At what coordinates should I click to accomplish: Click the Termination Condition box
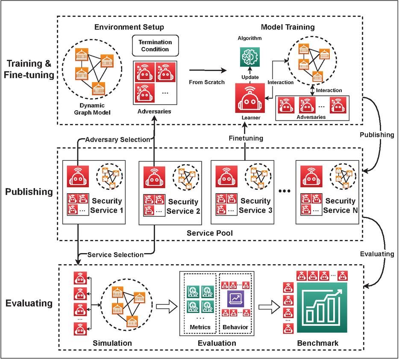155,46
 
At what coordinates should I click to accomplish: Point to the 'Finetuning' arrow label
245,138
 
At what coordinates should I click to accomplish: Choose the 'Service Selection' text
115,255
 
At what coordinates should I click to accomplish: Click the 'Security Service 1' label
107,206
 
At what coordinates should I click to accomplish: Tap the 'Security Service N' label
340,206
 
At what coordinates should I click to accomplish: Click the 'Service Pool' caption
206,234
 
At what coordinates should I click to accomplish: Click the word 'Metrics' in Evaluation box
200,327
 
